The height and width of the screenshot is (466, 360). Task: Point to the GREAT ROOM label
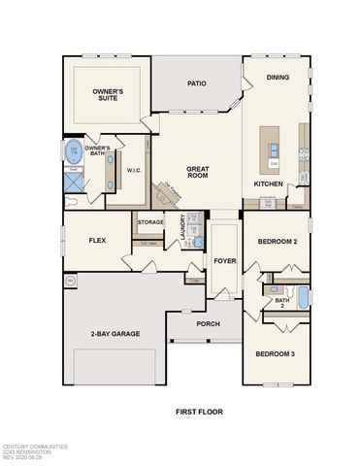[199, 173]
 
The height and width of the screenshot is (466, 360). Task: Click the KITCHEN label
[269, 183]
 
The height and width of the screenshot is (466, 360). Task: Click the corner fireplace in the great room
[171, 194]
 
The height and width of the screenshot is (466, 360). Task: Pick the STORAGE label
[150, 222]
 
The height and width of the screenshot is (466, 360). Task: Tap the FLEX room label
[97, 239]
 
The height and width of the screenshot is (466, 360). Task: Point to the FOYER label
[225, 260]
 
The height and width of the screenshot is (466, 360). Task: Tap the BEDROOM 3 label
[275, 354]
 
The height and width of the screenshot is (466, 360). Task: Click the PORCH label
[208, 323]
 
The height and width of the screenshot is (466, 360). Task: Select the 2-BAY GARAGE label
[114, 334]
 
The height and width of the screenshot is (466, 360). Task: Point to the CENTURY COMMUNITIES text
[34, 447]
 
